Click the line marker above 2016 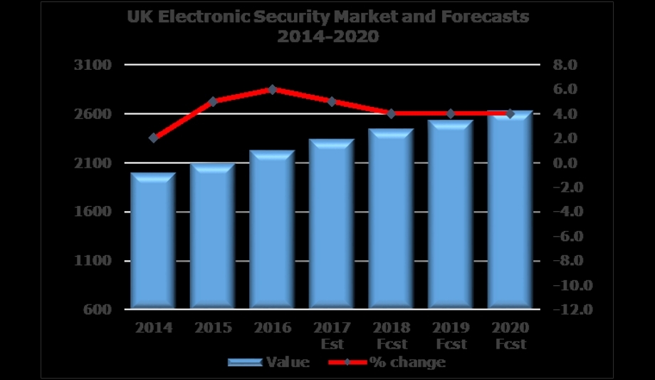click(x=272, y=89)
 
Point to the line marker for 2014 click(x=153, y=138)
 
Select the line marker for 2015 click(x=212, y=101)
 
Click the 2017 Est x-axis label click(x=331, y=336)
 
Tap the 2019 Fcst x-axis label click(x=450, y=336)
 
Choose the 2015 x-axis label click(x=212, y=328)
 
